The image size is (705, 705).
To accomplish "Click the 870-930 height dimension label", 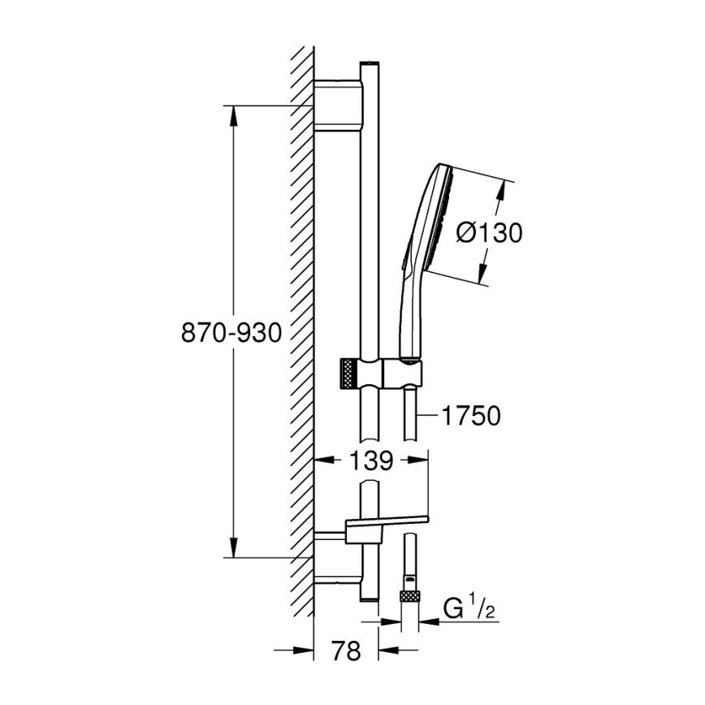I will point(231,332).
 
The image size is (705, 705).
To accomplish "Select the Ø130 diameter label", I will point(488,233).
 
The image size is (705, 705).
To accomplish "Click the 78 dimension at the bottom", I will point(346,651).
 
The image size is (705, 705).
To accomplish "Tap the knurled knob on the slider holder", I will point(347,374).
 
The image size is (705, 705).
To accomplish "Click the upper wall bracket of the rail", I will point(336,105).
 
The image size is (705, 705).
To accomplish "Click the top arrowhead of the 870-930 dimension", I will point(233,114).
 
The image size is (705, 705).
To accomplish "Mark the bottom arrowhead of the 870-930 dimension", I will point(233,550).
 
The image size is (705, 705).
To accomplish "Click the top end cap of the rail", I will point(369,63).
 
